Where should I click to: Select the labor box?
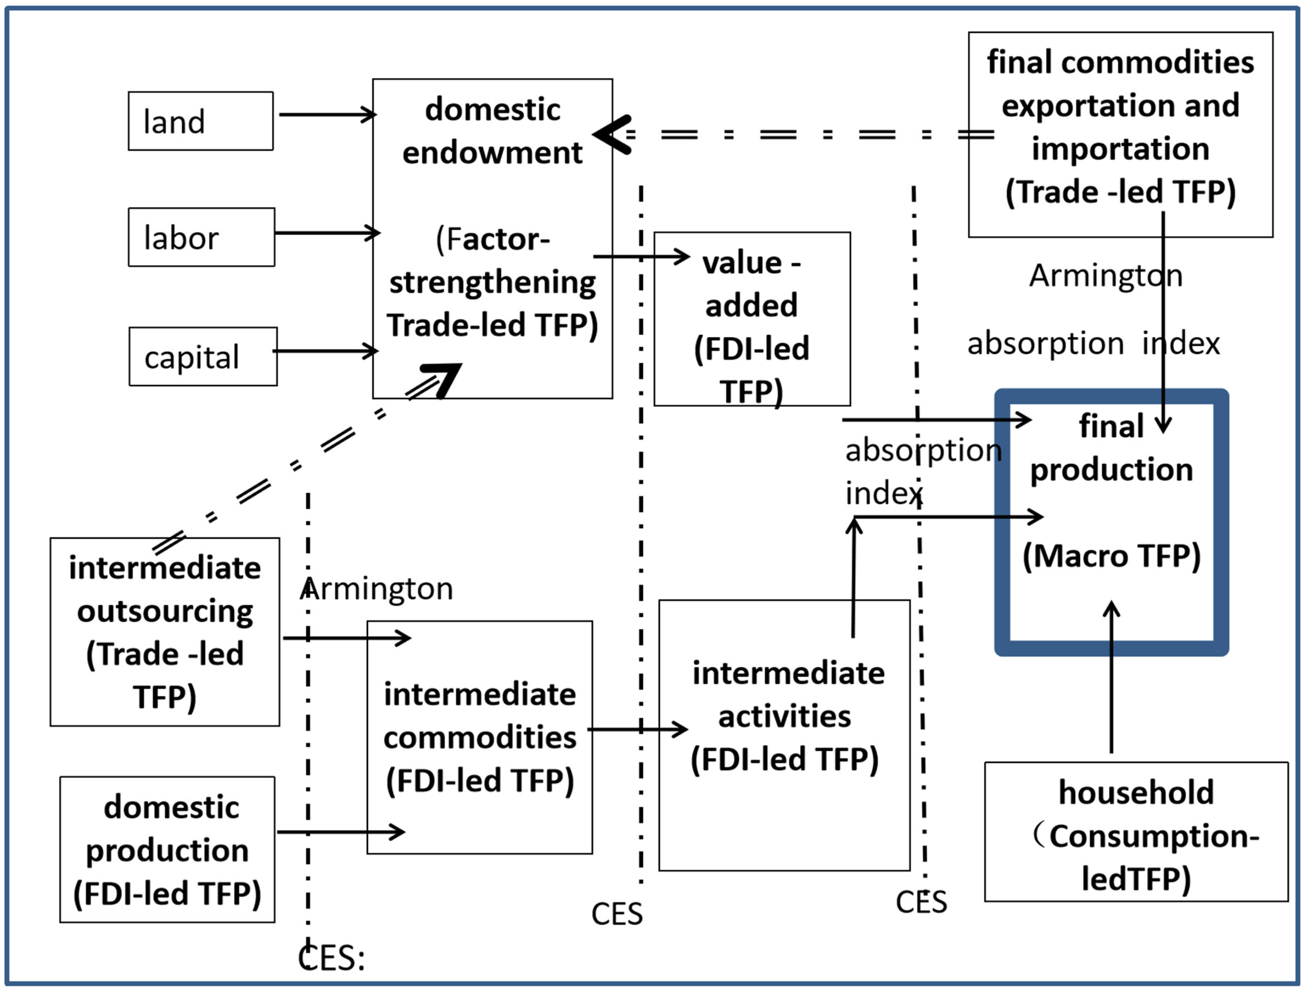click(201, 237)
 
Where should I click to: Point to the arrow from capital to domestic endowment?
click(324, 351)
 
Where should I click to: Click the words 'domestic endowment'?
click(492, 131)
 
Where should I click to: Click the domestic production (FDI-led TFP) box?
click(167, 850)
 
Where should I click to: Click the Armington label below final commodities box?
click(1105, 275)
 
